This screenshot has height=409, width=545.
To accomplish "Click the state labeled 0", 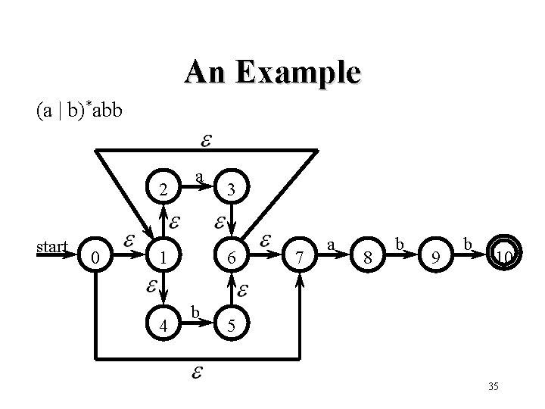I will click(x=94, y=258).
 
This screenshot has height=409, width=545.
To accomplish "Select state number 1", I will click(x=163, y=258).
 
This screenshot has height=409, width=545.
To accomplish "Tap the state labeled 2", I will click(x=163, y=189).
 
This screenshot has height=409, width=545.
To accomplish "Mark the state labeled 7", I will click(x=301, y=258).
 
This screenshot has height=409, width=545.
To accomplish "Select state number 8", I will click(x=368, y=258).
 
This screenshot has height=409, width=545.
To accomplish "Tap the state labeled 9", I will click(x=435, y=258).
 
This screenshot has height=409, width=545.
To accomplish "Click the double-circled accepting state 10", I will click(x=503, y=258).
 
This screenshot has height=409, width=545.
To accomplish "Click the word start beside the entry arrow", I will click(x=52, y=246).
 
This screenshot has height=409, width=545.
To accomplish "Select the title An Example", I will click(x=272, y=73).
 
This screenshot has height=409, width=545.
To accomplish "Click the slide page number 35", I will click(x=493, y=387).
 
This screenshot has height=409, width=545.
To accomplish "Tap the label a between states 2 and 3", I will click(x=198, y=176).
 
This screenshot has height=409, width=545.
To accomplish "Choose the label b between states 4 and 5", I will click(x=196, y=312).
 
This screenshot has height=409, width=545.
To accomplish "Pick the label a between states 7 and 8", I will click(x=331, y=244).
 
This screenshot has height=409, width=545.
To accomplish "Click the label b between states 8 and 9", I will click(x=399, y=244).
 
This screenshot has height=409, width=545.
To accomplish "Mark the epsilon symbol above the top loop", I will click(x=205, y=141).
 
